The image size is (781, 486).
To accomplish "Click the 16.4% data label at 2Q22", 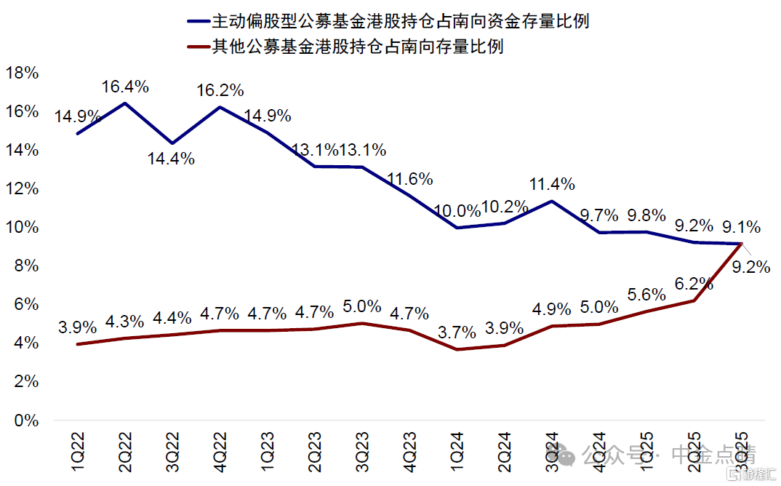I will [125, 87].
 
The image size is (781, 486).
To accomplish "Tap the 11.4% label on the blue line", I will [551, 183].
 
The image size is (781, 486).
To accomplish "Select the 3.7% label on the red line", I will [457, 332].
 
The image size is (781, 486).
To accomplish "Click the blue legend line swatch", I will [197, 22].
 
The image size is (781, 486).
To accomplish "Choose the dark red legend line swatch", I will [197, 47].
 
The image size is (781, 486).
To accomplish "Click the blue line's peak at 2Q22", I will [124, 103].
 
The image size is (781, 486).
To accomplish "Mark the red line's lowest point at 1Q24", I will [456, 349].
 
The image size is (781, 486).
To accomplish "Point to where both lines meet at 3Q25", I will [740, 244].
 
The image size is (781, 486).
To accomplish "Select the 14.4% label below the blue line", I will [172, 159].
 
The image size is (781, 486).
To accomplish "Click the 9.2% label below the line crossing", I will [750, 267].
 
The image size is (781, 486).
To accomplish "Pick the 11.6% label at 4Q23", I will [409, 178].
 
